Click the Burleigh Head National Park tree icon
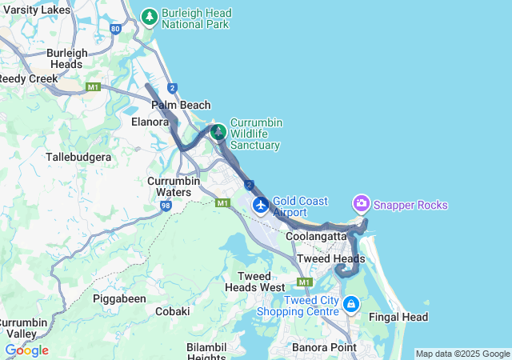tap(149, 16)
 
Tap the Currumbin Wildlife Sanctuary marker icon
tap(218, 130)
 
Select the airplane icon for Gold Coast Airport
tap(261, 206)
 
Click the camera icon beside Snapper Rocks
tap(362, 204)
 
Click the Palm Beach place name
tap(181, 105)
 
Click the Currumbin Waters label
tap(169, 186)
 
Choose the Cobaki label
tap(172, 311)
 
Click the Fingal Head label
tap(398, 317)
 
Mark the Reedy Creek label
tap(28, 78)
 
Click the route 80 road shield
tap(117, 29)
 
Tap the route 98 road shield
tap(166, 206)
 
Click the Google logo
tap(26, 350)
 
